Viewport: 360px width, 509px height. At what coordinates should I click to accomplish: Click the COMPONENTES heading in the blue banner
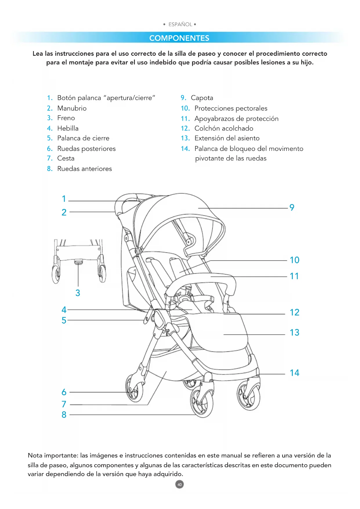point(179,38)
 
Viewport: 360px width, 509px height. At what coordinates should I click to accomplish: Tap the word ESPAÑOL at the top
point(180,24)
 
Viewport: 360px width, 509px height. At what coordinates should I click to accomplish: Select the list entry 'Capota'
point(202,98)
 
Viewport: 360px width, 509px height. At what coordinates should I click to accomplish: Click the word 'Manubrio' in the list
point(72,108)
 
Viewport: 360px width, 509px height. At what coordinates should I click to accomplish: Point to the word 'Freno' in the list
point(66,118)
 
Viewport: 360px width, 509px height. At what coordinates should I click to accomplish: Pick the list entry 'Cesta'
point(66,158)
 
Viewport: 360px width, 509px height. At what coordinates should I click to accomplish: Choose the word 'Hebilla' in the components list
point(68,128)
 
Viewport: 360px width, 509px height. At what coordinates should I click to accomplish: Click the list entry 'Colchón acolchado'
point(224,128)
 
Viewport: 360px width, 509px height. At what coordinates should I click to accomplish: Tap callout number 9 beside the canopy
point(292,207)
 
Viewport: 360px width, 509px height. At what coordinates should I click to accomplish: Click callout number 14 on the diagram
point(294,373)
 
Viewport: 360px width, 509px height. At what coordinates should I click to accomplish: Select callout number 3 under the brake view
point(78,293)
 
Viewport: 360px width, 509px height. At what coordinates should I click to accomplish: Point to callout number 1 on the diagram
point(64,199)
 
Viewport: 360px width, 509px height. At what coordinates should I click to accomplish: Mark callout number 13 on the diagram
point(294,333)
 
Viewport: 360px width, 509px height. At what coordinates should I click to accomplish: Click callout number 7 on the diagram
point(64,404)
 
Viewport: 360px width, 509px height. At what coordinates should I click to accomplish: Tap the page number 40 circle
point(180,484)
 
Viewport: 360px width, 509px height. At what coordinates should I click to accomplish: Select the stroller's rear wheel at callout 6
point(134,389)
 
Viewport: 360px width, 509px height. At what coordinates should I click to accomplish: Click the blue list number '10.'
point(185,109)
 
